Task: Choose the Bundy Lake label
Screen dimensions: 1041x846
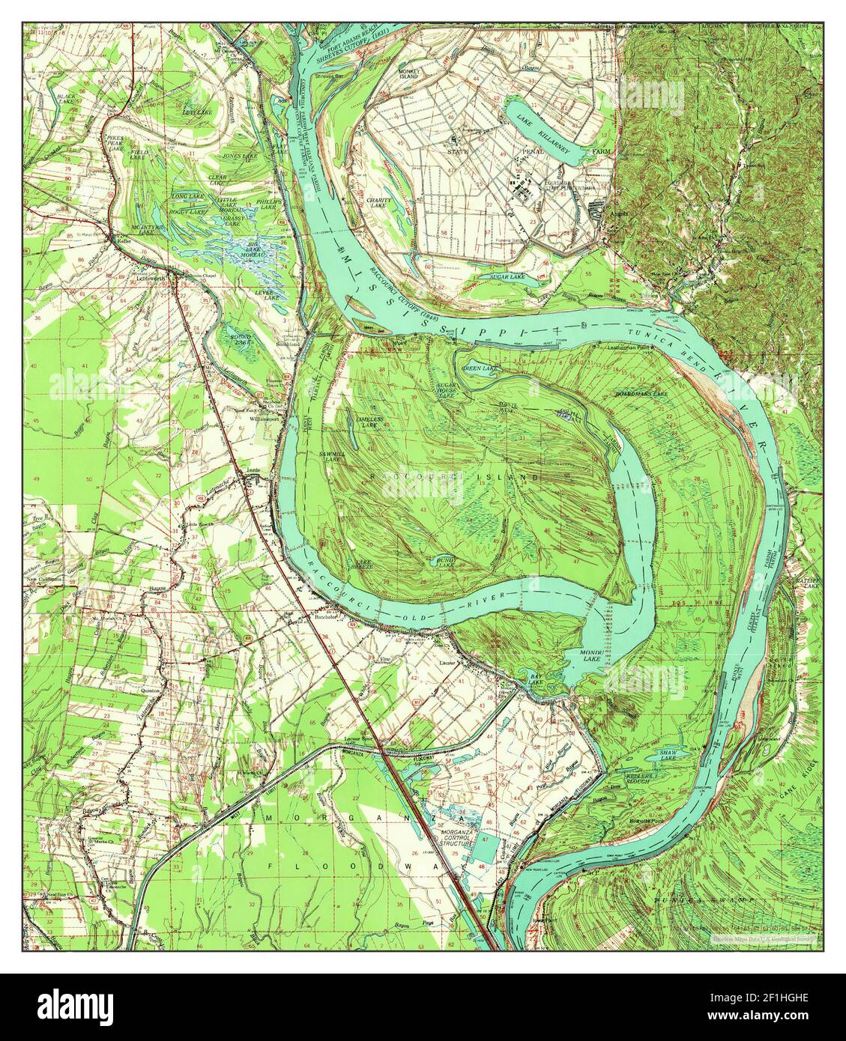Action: tap(447, 561)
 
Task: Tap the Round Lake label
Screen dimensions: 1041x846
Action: tap(241, 339)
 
